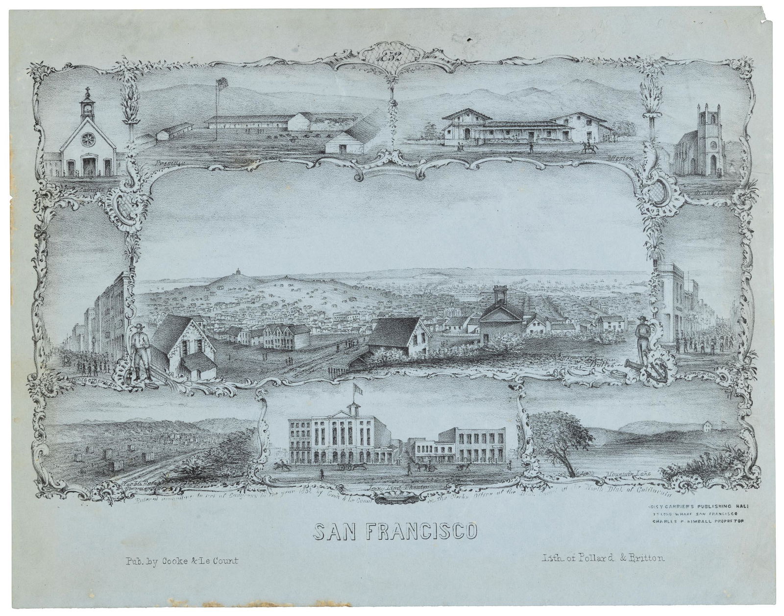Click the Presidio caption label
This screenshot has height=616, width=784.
(164, 161)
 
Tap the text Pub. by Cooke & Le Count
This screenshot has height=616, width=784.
(178, 560)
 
